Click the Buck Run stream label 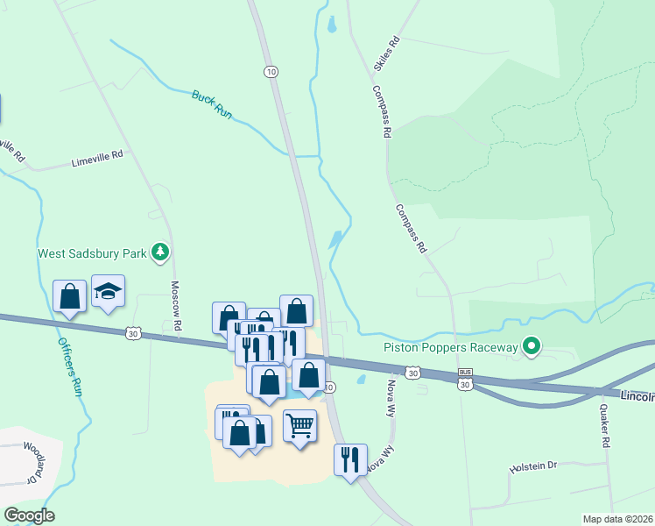[211, 105]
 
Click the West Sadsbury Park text [91, 253]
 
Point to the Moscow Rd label [175, 305]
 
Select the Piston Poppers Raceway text [451, 347]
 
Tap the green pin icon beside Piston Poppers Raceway [531, 347]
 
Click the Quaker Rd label [604, 424]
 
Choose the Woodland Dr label [34, 462]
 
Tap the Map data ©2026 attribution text [616, 519]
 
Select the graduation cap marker [108, 292]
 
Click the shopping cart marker [299, 425]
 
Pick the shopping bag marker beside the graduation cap [69, 296]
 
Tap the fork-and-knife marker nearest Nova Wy [350, 458]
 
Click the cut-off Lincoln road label [637, 396]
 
